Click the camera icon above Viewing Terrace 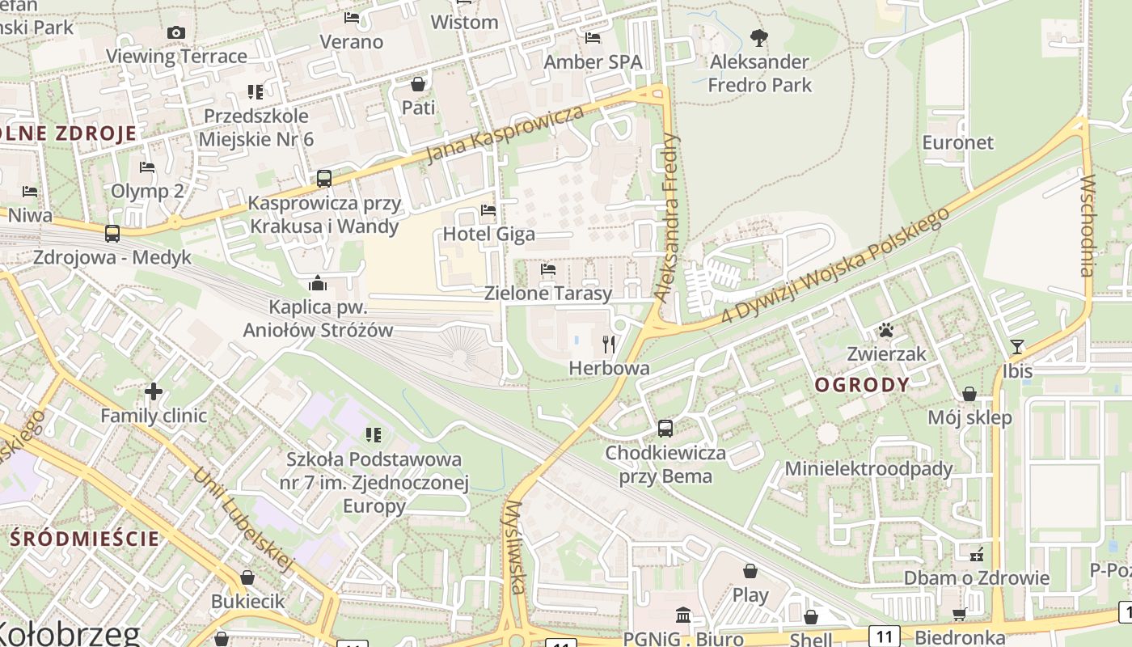point(175,32)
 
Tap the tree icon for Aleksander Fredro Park point(758,37)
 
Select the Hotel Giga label point(488,235)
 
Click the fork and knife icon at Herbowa point(609,345)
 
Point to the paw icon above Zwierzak point(887,330)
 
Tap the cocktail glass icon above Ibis point(1017,347)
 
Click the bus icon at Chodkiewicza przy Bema point(665,429)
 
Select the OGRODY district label point(862,385)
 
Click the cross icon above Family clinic point(154,392)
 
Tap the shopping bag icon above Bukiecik point(247,577)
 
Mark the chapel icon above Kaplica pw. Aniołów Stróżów point(318,283)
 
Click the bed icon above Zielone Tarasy point(548,269)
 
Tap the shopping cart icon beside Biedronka point(959,615)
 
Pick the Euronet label point(957,142)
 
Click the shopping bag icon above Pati point(418,84)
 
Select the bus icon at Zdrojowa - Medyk point(112,234)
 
